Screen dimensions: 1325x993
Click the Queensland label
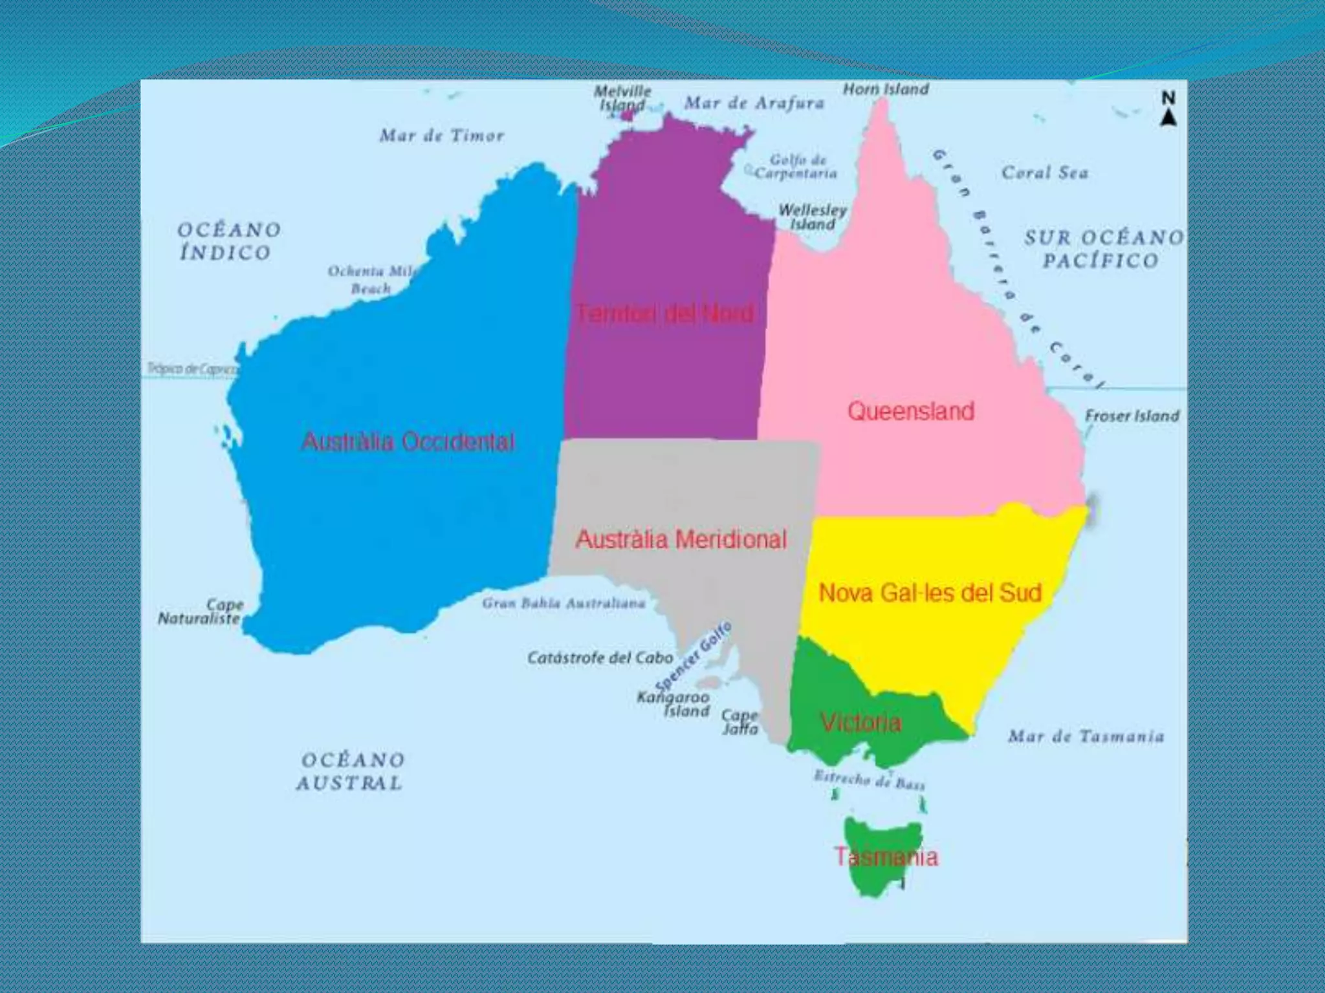tap(910, 411)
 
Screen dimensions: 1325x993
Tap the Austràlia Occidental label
tap(408, 442)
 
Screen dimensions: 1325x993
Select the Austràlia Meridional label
tap(681, 539)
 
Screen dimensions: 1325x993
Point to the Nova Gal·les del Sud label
tap(930, 593)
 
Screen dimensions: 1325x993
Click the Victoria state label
tap(860, 722)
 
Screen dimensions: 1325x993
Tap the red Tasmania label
tap(886, 857)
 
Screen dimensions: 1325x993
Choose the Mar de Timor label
tap(441, 136)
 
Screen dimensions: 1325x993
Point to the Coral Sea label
tap(1045, 173)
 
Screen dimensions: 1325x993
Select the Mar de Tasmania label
tap(1086, 736)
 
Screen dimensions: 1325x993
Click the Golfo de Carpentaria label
tap(796, 167)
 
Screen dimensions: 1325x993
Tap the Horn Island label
tap(886, 89)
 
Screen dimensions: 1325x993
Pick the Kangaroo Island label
tap(674, 704)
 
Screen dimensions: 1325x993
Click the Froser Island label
tap(1132, 416)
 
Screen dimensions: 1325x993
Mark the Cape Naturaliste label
tap(201, 612)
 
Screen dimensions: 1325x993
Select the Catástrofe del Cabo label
tap(600, 658)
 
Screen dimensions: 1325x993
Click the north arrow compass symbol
tap(1168, 110)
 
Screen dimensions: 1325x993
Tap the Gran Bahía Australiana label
tap(564, 603)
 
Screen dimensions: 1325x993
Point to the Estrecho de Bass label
tap(870, 779)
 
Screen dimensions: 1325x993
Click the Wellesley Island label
tap(813, 217)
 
